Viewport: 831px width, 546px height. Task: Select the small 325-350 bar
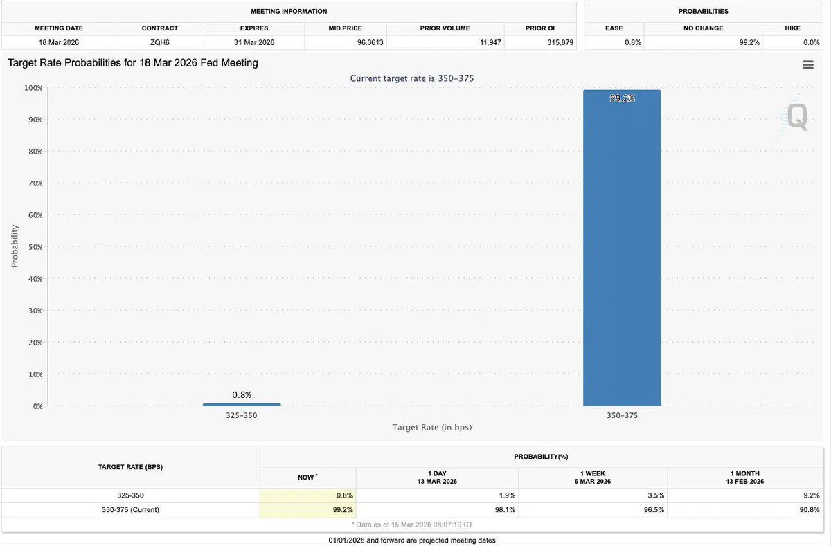point(242,404)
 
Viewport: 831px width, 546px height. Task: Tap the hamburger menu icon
point(807,64)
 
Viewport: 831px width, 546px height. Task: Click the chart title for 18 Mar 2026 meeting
point(133,63)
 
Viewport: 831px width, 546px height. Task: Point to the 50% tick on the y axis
point(35,247)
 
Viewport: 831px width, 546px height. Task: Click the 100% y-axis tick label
point(33,88)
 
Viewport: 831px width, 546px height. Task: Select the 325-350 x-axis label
point(242,415)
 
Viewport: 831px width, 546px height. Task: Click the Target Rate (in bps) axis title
point(432,428)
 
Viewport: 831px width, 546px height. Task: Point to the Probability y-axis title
point(15,246)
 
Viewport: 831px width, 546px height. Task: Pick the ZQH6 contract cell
point(160,42)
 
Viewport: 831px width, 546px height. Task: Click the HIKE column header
point(792,28)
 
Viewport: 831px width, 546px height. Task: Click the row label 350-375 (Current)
point(130,510)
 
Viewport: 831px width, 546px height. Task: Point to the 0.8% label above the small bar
point(242,394)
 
